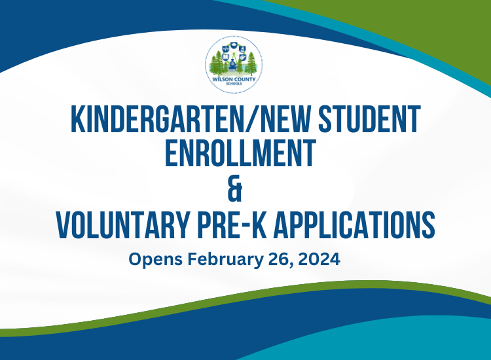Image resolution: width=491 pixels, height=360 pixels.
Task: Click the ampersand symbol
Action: pos(236,190)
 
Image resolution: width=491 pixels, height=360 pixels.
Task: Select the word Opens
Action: pos(156,259)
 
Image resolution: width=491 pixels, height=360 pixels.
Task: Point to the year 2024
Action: pos(321,259)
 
